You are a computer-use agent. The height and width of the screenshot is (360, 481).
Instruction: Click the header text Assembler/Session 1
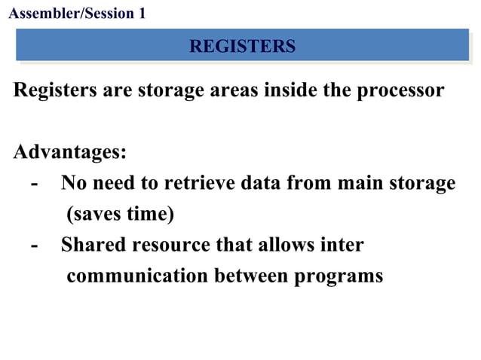pos(75,13)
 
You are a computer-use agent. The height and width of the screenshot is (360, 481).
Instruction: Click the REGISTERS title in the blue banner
pos(242,47)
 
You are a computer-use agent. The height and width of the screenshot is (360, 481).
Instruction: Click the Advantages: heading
pos(70,152)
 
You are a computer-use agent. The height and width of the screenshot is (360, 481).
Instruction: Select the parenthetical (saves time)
pos(121,214)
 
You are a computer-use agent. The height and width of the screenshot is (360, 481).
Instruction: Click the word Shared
pos(93,245)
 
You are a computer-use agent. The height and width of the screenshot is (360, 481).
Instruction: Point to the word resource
pos(173,245)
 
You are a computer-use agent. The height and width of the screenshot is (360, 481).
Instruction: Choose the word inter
pos(343,245)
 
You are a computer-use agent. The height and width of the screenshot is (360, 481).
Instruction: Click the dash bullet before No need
pos(34,184)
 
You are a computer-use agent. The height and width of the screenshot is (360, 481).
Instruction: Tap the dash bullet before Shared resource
pos(34,246)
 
